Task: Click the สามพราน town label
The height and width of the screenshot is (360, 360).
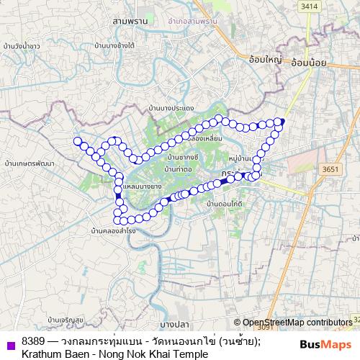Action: [130, 22]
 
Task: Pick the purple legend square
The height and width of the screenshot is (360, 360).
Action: [10, 346]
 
